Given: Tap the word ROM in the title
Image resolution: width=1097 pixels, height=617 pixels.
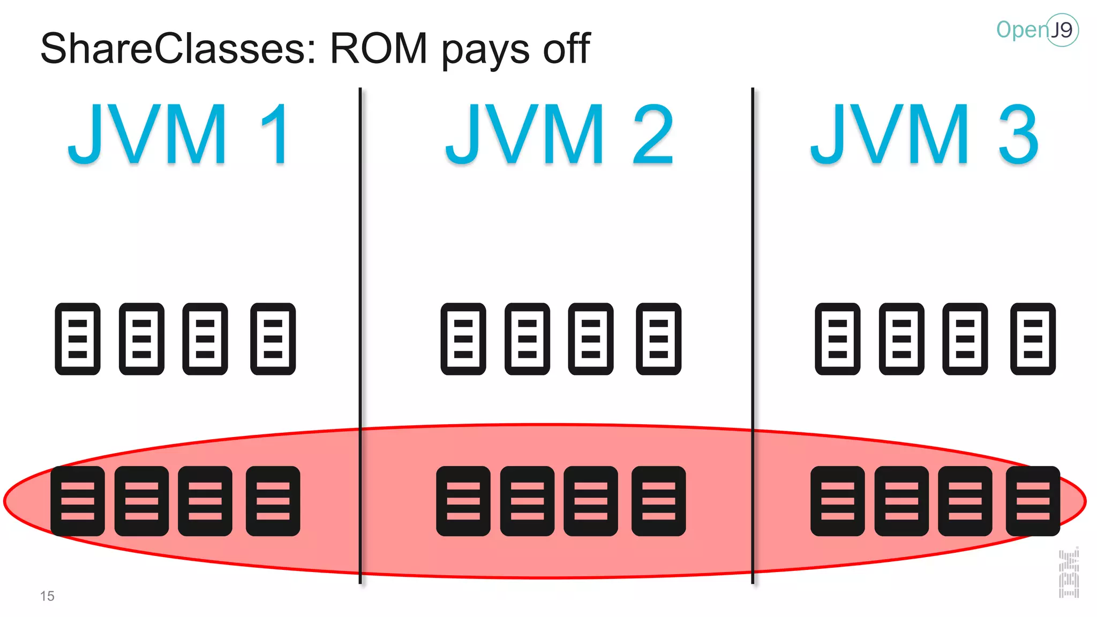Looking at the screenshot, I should [x=378, y=48].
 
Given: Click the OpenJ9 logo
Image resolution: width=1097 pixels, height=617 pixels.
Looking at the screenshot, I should [x=1037, y=30].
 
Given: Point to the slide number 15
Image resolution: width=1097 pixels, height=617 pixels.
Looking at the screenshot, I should [x=47, y=596].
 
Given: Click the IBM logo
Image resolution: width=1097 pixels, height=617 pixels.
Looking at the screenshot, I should [x=1069, y=574].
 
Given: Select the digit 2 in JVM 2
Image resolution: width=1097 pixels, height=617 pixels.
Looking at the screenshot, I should [x=652, y=134].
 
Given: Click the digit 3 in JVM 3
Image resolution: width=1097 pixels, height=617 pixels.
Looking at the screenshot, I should [x=1018, y=134].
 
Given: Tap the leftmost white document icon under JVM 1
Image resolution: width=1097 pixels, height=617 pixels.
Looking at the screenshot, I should [x=78, y=338].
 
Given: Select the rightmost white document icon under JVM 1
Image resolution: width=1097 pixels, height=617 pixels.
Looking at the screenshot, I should [x=273, y=338].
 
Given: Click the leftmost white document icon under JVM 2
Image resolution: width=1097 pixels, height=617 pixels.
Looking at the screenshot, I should [x=463, y=338].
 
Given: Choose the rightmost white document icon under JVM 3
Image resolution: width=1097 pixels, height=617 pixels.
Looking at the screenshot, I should [x=1033, y=338].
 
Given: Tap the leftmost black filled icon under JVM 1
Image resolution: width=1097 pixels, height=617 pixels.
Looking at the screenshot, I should [x=78, y=501].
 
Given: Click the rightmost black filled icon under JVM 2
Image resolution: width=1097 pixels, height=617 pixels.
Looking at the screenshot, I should [x=658, y=501].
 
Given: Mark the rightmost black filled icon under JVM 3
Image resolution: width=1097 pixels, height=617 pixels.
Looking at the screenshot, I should [x=1033, y=501].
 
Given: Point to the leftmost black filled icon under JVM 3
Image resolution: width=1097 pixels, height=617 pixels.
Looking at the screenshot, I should [x=837, y=501].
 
